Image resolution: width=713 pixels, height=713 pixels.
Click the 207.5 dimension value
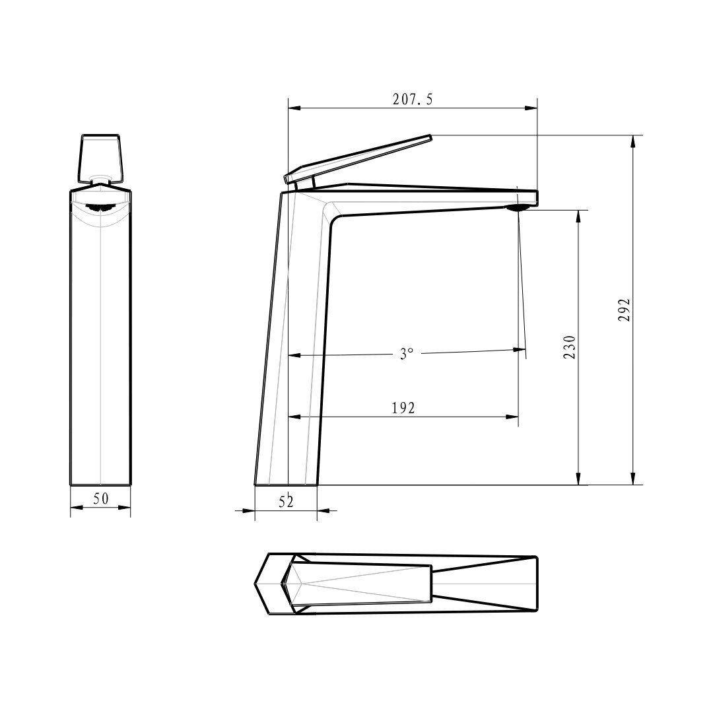pos(413,100)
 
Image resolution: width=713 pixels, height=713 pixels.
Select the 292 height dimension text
pos(625,310)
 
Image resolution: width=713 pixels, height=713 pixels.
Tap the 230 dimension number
pos(569,347)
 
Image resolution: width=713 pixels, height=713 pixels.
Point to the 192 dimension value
pos(403,409)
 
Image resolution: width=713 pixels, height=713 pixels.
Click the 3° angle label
pos(407,353)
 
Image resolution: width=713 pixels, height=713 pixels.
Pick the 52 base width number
pos(286,502)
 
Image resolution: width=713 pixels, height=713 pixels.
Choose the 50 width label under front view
pos(101,499)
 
